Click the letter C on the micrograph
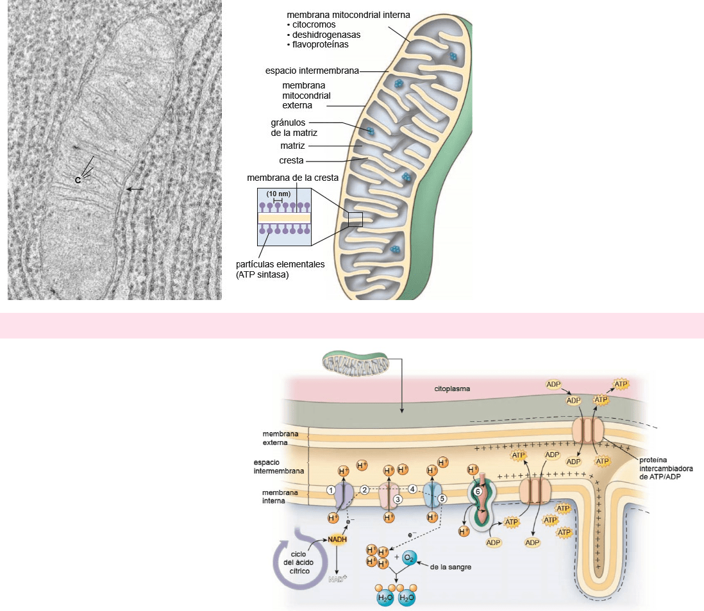click(78, 181)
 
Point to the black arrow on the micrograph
click(135, 190)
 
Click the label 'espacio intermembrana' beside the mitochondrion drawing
click(312, 70)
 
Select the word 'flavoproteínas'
click(318, 45)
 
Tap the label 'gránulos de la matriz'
click(294, 128)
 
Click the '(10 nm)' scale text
click(278, 194)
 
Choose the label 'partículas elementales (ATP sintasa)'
click(280, 269)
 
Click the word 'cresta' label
click(291, 160)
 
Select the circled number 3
click(398, 499)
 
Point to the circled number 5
click(442, 498)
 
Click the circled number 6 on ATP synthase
click(478, 491)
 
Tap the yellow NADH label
click(337, 540)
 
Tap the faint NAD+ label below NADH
click(337, 580)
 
